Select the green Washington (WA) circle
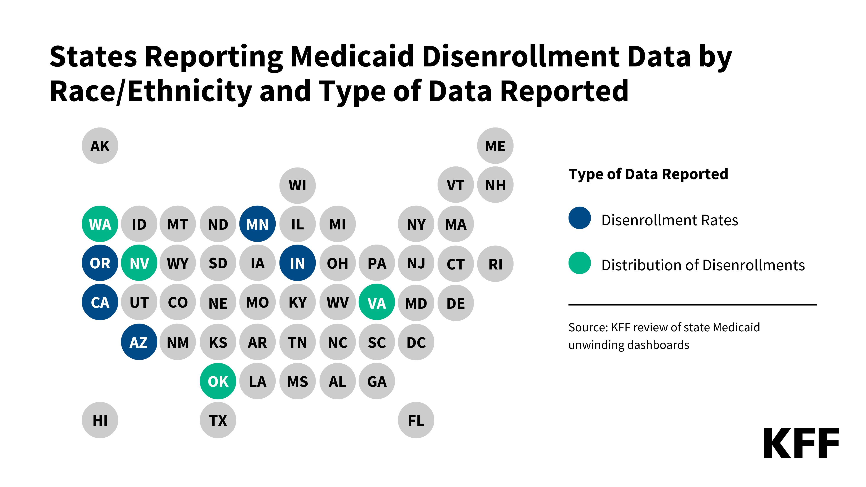(x=100, y=224)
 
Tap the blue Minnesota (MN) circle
(x=257, y=224)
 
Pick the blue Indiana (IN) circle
(x=297, y=263)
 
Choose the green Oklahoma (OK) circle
(x=218, y=381)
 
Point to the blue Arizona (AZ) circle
(x=139, y=342)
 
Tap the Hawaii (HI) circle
(x=100, y=420)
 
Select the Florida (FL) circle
(x=416, y=420)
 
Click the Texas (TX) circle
(x=218, y=420)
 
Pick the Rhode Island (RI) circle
(x=495, y=263)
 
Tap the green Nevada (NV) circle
(x=139, y=263)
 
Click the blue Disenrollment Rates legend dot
(x=580, y=218)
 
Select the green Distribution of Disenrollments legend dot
(x=580, y=263)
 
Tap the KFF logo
(x=801, y=443)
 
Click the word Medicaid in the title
(x=352, y=56)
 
